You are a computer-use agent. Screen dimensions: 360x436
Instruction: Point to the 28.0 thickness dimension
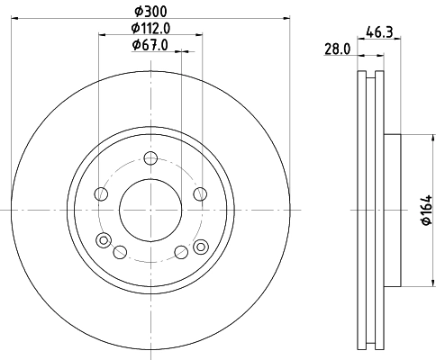pos(337,50)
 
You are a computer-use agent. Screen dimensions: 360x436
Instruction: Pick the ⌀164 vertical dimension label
pos(422,211)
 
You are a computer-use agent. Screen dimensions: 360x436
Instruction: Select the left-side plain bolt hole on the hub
pos(101,194)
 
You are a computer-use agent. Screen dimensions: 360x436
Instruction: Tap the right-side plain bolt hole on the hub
pos(198,194)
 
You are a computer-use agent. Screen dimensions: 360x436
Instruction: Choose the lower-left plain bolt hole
pos(120,252)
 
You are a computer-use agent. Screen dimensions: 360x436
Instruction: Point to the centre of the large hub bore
pos(150,209)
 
